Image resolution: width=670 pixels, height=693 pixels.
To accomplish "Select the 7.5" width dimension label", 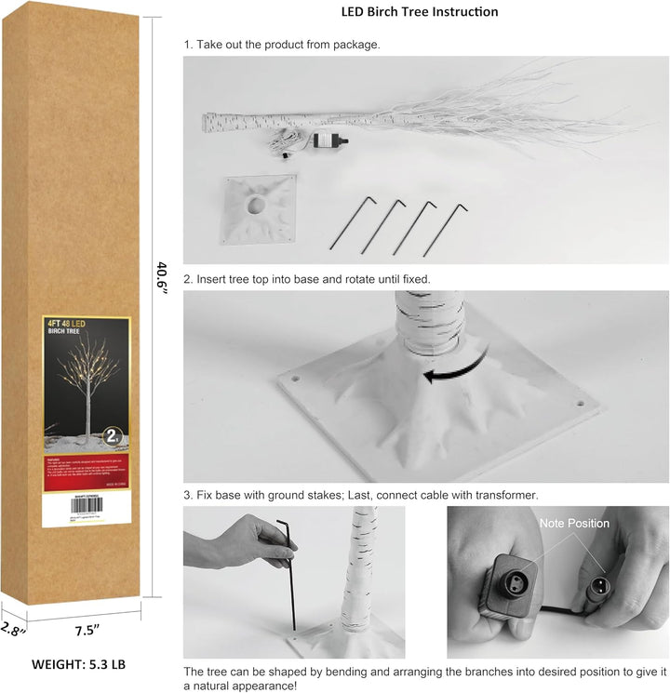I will click(86, 630).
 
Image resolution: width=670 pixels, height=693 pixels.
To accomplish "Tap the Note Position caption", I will click(574, 524).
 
